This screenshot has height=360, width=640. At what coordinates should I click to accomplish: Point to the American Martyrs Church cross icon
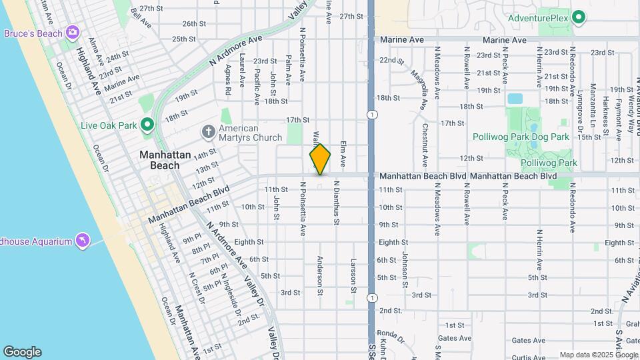pos(208,131)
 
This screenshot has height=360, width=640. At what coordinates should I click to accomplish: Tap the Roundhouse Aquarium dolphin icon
pos(82,239)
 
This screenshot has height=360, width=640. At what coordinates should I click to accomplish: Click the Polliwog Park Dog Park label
pos(521,137)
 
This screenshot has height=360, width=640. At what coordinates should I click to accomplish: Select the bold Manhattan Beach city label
pos(159,160)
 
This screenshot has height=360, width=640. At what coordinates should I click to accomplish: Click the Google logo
pos(22,352)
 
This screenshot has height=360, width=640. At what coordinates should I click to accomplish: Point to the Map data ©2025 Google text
pos(597,355)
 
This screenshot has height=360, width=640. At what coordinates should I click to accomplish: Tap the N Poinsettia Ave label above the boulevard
pos(302,55)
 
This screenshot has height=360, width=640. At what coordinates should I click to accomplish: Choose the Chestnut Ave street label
pos(424,144)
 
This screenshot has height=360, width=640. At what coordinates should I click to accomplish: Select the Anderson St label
pos(320,276)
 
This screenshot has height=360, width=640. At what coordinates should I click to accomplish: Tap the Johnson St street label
pos(404,269)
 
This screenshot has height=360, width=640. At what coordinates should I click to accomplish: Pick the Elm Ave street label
pos(343,153)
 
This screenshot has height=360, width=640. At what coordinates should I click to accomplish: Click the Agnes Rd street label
pos(228,80)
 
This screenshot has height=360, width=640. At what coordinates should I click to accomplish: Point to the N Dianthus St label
pos(337,207)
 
